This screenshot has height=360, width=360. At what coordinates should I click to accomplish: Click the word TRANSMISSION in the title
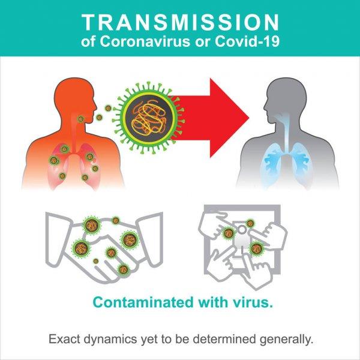[x=180, y=23]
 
